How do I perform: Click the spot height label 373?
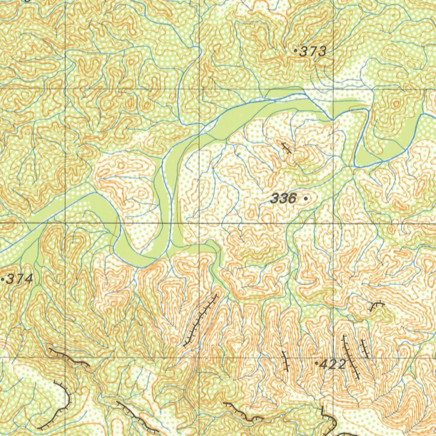pyautogui.click(x=313, y=52)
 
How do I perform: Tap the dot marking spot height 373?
pyautogui.click(x=296, y=50)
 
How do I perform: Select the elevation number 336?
pyautogui.click(x=284, y=198)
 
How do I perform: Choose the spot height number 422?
pyautogui.click(x=332, y=364)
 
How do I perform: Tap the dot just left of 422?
pyautogui.click(x=316, y=364)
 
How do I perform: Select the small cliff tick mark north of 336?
pyautogui.click(x=287, y=148)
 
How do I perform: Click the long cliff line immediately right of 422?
pyautogui.click(x=351, y=357)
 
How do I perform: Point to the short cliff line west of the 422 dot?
pyautogui.click(x=285, y=361)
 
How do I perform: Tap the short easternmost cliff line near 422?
pyautogui.click(x=365, y=348)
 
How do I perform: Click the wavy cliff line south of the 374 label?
pyautogui.click(x=68, y=357)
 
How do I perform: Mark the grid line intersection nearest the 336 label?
pyautogui.click(x=333, y=223)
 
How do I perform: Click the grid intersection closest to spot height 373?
pyautogui.click(x=333, y=89)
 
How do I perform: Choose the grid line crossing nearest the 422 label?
pyautogui.click(x=333, y=358)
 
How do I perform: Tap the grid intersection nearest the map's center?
pyautogui.click(x=199, y=223)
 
